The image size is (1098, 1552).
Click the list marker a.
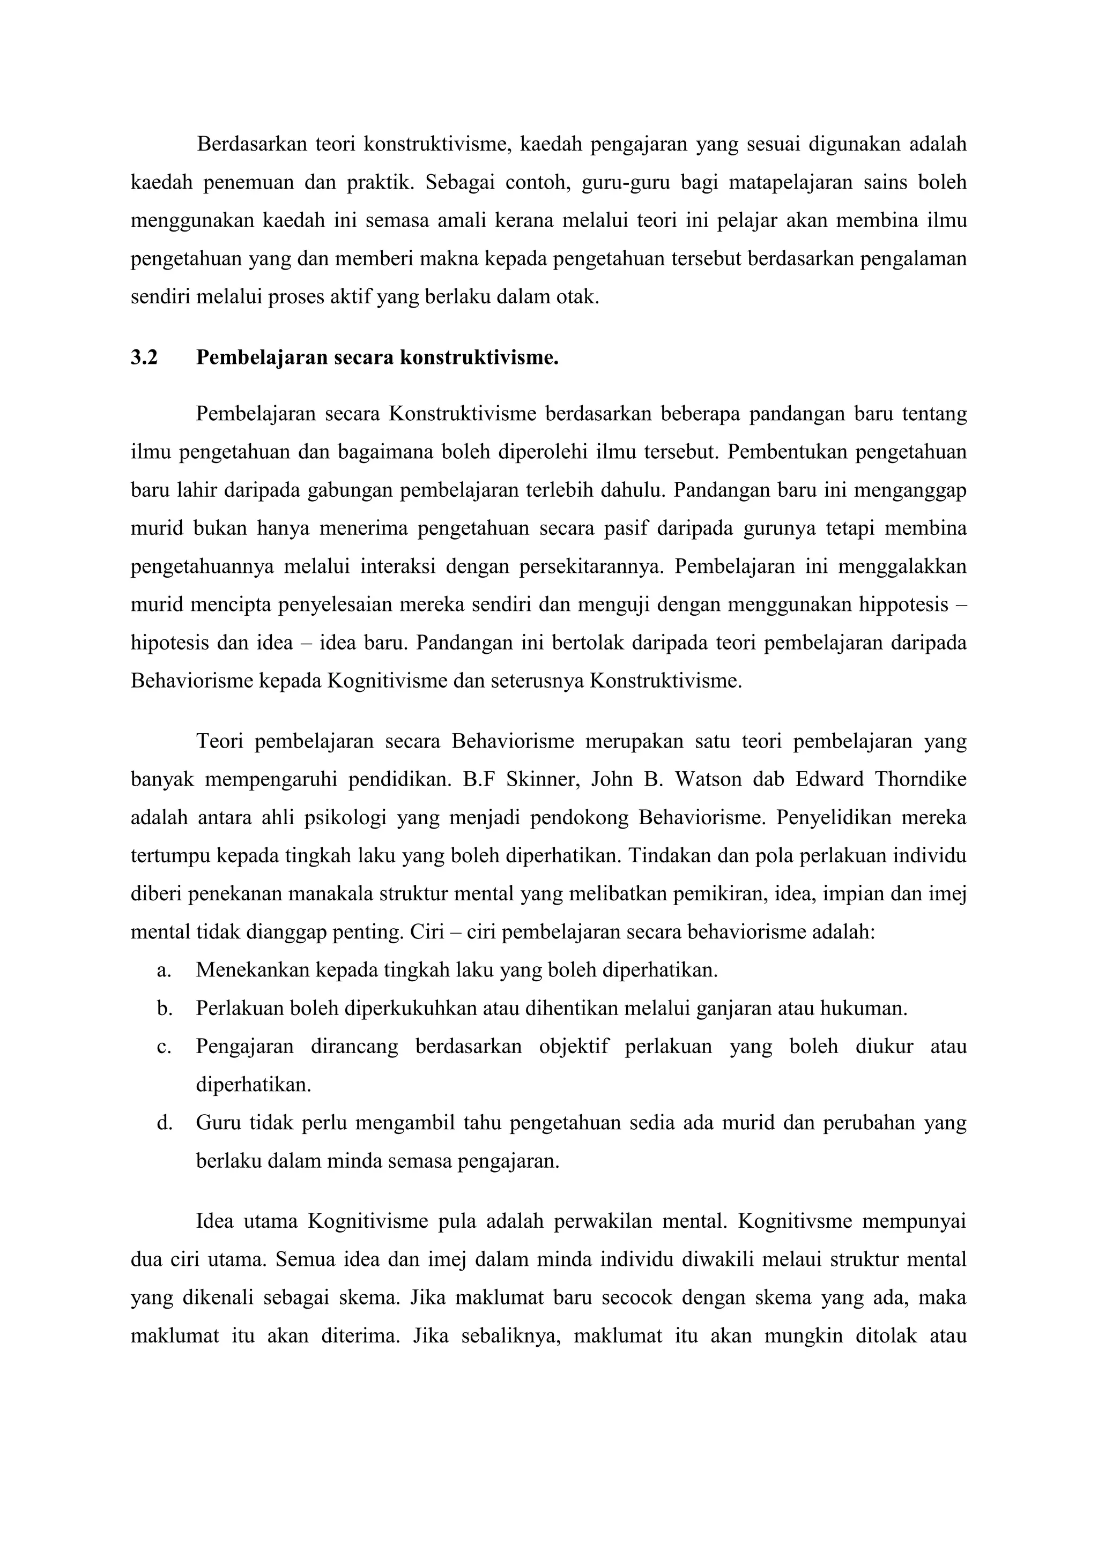pos(163,971)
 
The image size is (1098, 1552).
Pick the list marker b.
pos(164,1009)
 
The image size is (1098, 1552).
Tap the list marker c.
pos(163,1047)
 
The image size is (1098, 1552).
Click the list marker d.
pos(164,1123)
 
